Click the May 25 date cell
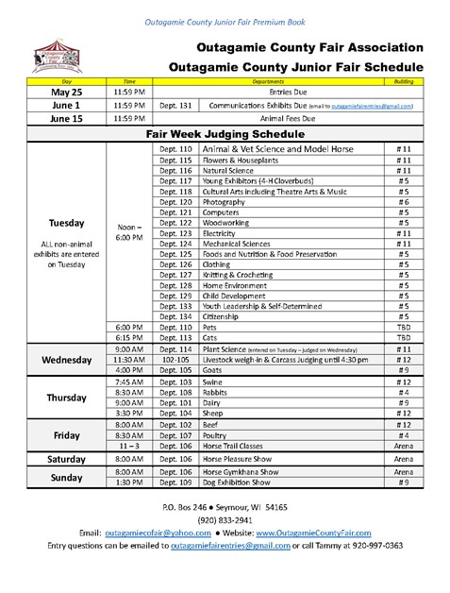[x=66, y=93]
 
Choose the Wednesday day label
[x=66, y=360]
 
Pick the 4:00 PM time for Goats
[x=131, y=370]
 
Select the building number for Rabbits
[x=403, y=393]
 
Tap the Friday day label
[x=66, y=436]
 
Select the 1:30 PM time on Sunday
[x=131, y=483]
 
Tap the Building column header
[x=403, y=81]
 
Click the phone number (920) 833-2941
[x=224, y=520]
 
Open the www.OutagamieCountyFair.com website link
[x=299, y=533]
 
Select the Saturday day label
[x=66, y=459]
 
